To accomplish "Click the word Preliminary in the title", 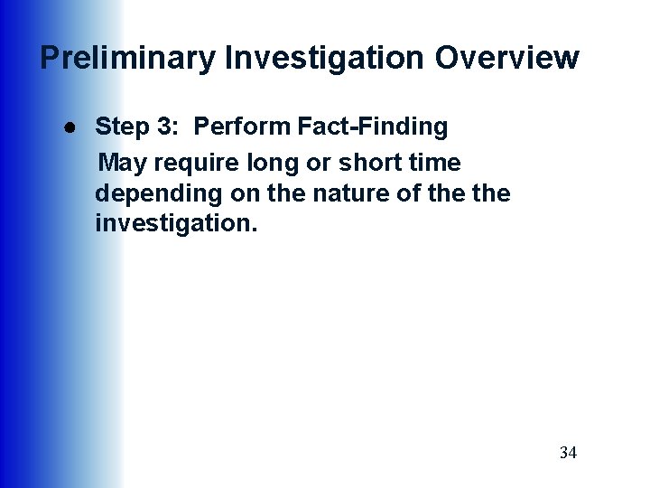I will click(x=127, y=58).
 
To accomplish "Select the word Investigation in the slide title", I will click(x=323, y=58).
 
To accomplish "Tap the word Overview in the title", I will click(x=506, y=58).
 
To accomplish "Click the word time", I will click(x=432, y=164).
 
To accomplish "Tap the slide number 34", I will click(x=568, y=452).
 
